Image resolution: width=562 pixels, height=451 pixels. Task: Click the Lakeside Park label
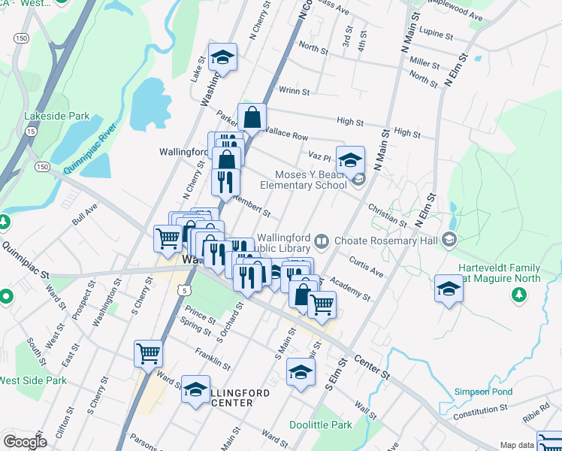click(x=57, y=117)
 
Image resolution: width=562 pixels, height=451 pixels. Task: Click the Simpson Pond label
click(x=483, y=392)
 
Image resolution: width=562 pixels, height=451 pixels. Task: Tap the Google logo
click(x=25, y=442)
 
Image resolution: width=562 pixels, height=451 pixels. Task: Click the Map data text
click(x=518, y=445)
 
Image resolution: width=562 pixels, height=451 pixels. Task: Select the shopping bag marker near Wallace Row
click(x=252, y=117)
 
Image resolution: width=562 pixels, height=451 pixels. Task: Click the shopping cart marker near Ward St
click(x=148, y=353)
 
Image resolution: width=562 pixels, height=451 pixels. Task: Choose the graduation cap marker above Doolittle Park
click(x=301, y=372)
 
